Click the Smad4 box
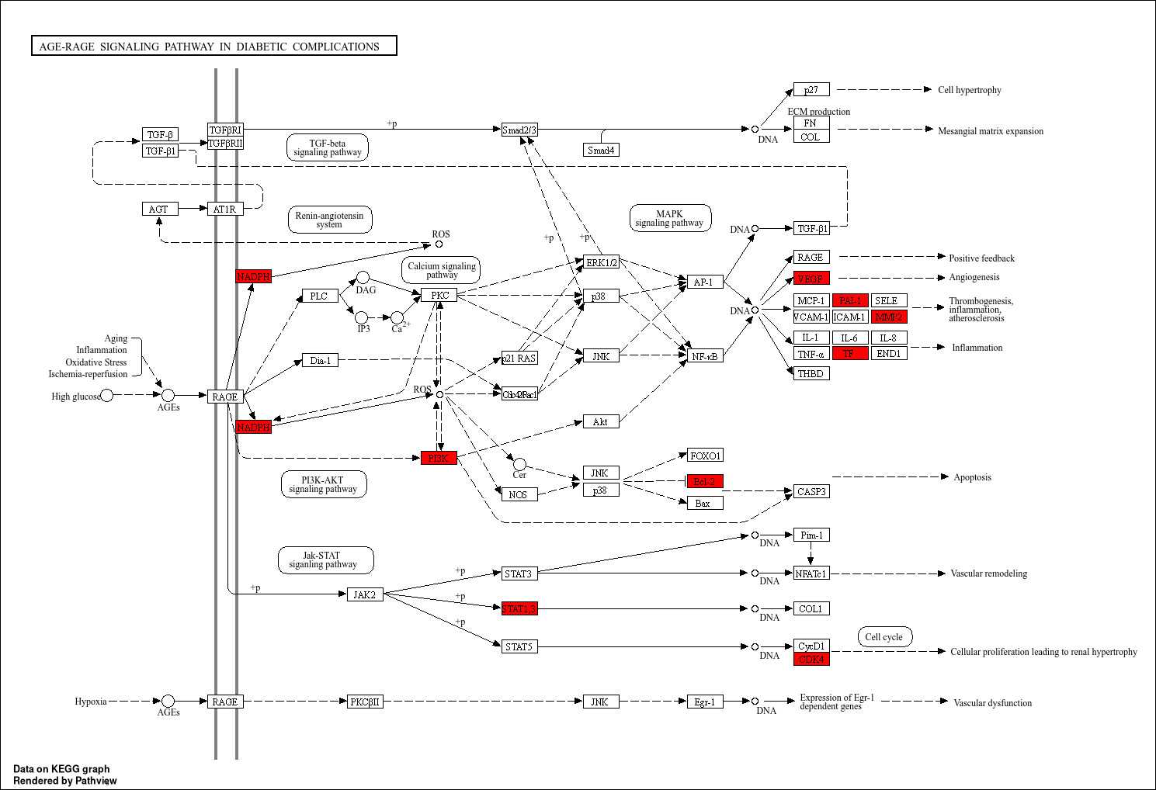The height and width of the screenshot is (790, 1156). pyautogui.click(x=602, y=150)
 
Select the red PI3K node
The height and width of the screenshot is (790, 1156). pyautogui.click(x=439, y=458)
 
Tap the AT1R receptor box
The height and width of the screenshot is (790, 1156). pyautogui.click(x=225, y=209)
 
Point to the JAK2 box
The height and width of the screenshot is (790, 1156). pyautogui.click(x=365, y=594)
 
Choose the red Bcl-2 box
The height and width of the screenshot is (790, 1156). pyautogui.click(x=705, y=481)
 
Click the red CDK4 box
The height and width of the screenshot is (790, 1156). pyautogui.click(x=811, y=659)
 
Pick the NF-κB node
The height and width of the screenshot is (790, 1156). pyautogui.click(x=705, y=355)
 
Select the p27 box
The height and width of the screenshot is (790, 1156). pyautogui.click(x=811, y=89)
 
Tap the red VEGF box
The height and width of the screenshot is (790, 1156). pyautogui.click(x=811, y=278)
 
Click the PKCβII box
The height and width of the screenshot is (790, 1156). pyautogui.click(x=365, y=702)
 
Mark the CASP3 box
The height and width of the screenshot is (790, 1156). pyautogui.click(x=811, y=491)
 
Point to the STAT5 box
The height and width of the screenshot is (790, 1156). pyautogui.click(x=519, y=646)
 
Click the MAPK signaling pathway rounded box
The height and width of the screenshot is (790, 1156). pyautogui.click(x=670, y=218)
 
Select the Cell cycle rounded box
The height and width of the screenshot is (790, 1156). pyautogui.click(x=884, y=637)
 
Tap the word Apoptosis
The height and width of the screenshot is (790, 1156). pyautogui.click(x=972, y=477)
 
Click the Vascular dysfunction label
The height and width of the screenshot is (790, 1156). pyautogui.click(x=992, y=703)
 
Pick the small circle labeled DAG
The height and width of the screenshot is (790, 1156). pyautogui.click(x=363, y=278)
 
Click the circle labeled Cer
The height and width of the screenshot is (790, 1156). pyautogui.click(x=519, y=464)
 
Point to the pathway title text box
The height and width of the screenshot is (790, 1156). pyautogui.click(x=213, y=46)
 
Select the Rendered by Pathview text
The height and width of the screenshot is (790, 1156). pyautogui.click(x=64, y=781)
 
